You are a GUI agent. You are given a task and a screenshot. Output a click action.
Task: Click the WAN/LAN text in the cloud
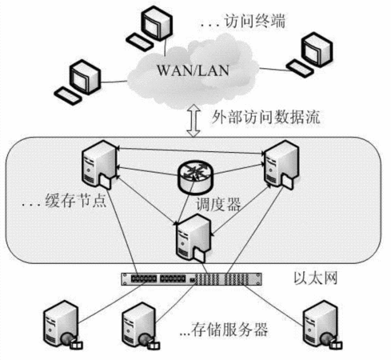tap(193, 70)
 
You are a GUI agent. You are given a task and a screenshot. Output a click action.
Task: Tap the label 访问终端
tap(254, 22)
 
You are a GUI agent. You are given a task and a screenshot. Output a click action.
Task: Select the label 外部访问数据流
tap(265, 117)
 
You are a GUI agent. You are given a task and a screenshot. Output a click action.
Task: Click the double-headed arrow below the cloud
tap(194, 121)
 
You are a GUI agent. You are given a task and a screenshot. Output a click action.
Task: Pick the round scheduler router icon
tap(196, 176)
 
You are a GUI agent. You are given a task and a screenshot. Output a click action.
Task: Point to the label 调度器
tap(218, 204)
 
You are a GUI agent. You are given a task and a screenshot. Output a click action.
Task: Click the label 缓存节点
tap(76, 200)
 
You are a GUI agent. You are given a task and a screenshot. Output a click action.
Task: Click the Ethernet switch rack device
tap(191, 279)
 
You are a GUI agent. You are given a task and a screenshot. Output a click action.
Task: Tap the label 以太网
tap(316, 278)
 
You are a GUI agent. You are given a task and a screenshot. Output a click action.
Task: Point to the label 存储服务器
tap(223, 330)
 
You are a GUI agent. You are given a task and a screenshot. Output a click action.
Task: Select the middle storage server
tap(141, 326)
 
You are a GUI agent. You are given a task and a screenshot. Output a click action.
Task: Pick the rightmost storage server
tap(323, 325)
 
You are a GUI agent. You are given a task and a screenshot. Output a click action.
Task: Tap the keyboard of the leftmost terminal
tap(67, 96)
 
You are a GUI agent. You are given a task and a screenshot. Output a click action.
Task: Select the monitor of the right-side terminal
tap(317, 50)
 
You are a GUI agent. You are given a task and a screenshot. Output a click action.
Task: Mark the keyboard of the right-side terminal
tap(300, 69)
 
